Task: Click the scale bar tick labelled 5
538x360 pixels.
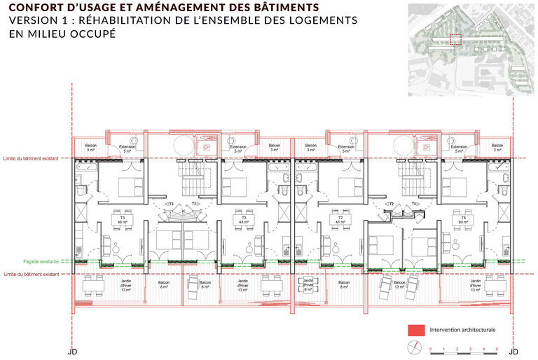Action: pos(497,348)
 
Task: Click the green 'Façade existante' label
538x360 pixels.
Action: pos(36,261)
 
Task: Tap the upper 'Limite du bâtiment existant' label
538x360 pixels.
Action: pos(30,159)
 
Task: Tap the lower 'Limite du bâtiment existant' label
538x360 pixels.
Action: pos(30,274)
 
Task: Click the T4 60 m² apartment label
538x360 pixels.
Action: pos(462,220)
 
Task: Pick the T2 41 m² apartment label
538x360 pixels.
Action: pos(341,220)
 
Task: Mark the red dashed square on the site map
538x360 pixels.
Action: pos(455,40)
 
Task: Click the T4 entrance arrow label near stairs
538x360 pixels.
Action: pos(415,204)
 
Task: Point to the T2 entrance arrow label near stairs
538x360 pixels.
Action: pos(392,204)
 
